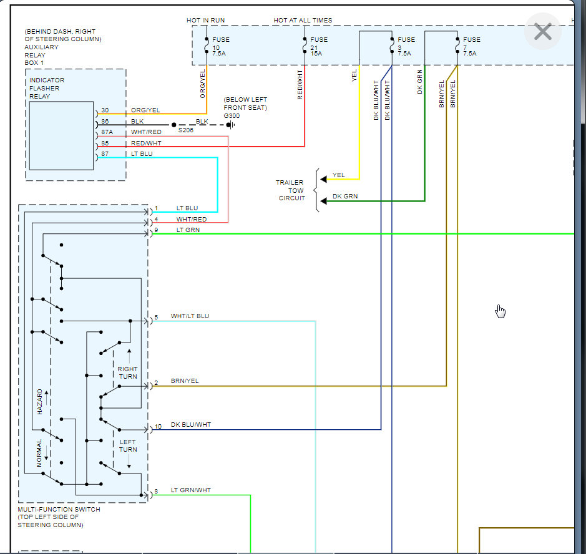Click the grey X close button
coord(543,31)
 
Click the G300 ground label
coord(232,116)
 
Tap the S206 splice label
coord(186,130)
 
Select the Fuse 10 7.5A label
coord(220,46)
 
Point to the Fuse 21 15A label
coord(318,46)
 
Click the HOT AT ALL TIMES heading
coord(303,20)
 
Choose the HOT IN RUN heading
coord(205,20)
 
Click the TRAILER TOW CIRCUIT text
coord(290,190)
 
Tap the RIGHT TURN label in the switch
coord(127,372)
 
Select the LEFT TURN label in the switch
coord(128,445)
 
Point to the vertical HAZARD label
coord(39,401)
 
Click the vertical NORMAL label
coord(39,453)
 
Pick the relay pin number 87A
coord(107,132)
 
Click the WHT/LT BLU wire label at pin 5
coord(190,316)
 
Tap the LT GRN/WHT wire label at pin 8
coord(190,490)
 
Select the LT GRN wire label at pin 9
coord(188,230)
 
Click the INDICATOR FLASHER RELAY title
coord(47,88)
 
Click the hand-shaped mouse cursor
coord(500,311)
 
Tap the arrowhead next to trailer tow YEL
coord(324,179)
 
